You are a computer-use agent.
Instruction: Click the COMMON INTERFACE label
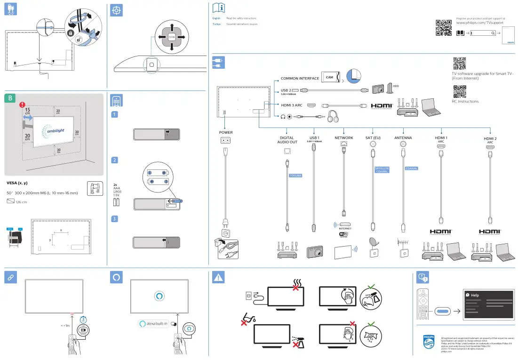point(300,78)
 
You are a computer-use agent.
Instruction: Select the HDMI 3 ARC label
point(291,105)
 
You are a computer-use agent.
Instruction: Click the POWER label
point(226,132)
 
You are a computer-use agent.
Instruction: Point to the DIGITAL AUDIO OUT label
point(287,140)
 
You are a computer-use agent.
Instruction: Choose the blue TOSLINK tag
point(295,176)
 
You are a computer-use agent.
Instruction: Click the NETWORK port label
point(343,138)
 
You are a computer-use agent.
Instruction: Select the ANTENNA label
point(403,138)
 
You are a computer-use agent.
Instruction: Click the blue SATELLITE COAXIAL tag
point(382,170)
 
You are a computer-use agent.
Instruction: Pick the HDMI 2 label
point(490,139)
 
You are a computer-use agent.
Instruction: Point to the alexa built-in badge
point(153,324)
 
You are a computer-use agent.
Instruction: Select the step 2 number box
point(114,160)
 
